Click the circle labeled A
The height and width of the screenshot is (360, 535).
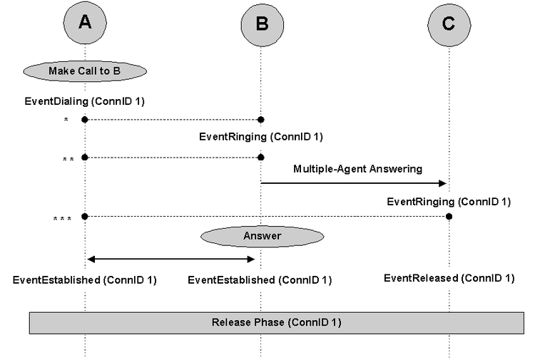pyautogui.click(x=85, y=23)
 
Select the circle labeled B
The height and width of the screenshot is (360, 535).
pyautogui.click(x=262, y=24)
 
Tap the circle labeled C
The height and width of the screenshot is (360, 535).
pyautogui.click(x=449, y=24)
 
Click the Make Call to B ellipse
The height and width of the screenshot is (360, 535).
pyautogui.click(x=85, y=71)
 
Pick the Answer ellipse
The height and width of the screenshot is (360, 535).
pyautogui.click(x=262, y=236)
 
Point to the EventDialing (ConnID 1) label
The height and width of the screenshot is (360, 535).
pyautogui.click(x=85, y=101)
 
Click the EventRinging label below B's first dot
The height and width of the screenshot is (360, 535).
pyautogui.click(x=261, y=137)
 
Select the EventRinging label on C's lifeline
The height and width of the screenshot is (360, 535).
pyautogui.click(x=449, y=202)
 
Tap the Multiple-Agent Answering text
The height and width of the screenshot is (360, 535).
pyautogui.click(x=358, y=169)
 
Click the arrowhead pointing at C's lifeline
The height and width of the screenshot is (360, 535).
pyautogui.click(x=442, y=183)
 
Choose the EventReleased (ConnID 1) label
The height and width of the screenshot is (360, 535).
pyautogui.click(x=449, y=278)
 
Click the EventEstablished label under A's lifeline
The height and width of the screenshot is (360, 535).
pyautogui.click(x=85, y=280)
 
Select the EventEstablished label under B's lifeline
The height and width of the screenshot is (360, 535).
pyautogui.click(x=260, y=280)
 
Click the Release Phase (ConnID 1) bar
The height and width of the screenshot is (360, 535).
pyautogui.click(x=276, y=322)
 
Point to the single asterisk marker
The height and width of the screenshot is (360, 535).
pyautogui.click(x=66, y=120)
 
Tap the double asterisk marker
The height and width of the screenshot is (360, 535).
pyautogui.click(x=68, y=160)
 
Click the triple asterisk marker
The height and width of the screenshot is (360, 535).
pyautogui.click(x=63, y=219)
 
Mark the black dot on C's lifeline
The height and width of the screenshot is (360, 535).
pyautogui.click(x=449, y=217)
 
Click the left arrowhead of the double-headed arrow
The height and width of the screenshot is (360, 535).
pyautogui.click(x=91, y=259)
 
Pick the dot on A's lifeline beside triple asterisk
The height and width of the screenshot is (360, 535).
pyautogui.click(x=85, y=217)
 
